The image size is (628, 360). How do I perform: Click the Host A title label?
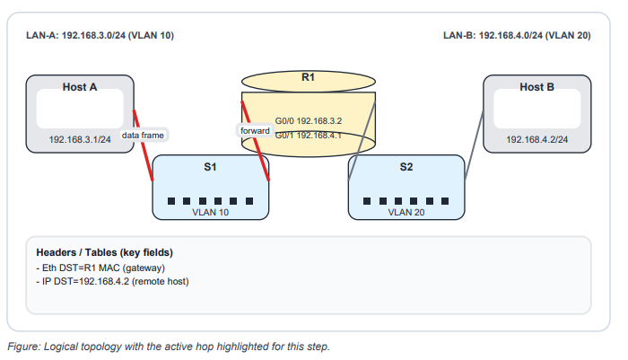(x=80, y=87)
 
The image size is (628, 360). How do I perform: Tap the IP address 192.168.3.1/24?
(x=80, y=140)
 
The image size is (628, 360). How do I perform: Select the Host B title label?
(x=536, y=87)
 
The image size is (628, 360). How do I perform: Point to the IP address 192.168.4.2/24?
(x=537, y=140)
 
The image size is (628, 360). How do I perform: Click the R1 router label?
(x=308, y=78)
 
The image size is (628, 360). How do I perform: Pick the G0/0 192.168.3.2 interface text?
(x=309, y=119)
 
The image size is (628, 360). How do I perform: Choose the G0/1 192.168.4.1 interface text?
(x=309, y=135)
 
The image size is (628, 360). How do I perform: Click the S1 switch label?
(x=210, y=167)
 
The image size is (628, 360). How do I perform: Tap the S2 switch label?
(x=406, y=167)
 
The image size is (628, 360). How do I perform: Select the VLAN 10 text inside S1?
(x=210, y=214)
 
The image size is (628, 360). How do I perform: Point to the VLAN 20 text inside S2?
(x=406, y=214)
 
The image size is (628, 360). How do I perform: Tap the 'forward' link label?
(x=255, y=131)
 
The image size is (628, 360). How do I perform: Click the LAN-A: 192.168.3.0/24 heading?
(x=100, y=36)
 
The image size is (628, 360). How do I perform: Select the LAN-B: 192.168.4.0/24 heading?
(x=517, y=36)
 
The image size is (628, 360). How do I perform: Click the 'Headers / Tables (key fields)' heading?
(x=104, y=252)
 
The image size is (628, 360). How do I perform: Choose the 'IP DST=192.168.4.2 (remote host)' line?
(x=112, y=281)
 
